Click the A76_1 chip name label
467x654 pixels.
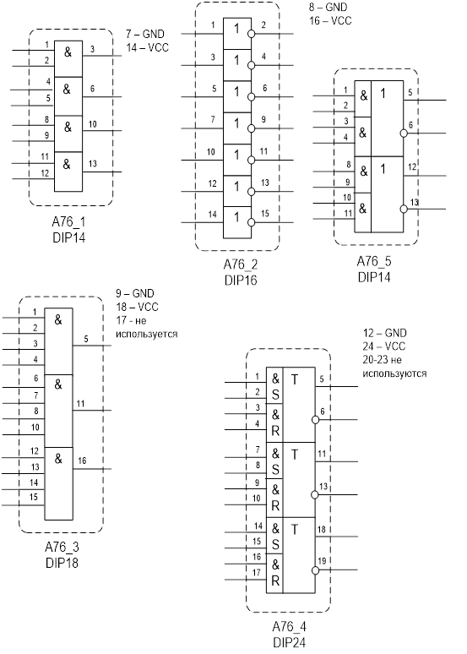(x=68, y=222)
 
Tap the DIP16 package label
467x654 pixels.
(x=241, y=280)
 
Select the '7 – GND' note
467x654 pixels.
(x=145, y=34)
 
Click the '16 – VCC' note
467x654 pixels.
(x=330, y=20)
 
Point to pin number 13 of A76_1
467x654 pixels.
(x=93, y=164)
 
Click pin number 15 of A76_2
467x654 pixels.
(x=265, y=214)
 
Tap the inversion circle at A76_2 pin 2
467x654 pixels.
(x=251, y=34)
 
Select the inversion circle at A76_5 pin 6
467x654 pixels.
(x=403, y=133)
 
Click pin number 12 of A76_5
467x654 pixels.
(x=412, y=167)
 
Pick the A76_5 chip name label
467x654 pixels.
(x=374, y=262)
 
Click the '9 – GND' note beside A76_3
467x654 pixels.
(x=135, y=294)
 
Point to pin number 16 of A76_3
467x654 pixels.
(x=82, y=461)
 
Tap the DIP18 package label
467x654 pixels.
(x=62, y=563)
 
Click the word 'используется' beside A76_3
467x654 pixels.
(x=147, y=334)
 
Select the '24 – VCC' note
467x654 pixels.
(x=384, y=346)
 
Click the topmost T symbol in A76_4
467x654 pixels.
(x=295, y=379)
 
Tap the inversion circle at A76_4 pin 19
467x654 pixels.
(x=315, y=570)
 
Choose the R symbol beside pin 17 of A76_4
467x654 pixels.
(x=275, y=580)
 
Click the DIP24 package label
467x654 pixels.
(x=290, y=642)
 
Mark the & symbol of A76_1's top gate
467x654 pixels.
(x=68, y=52)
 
